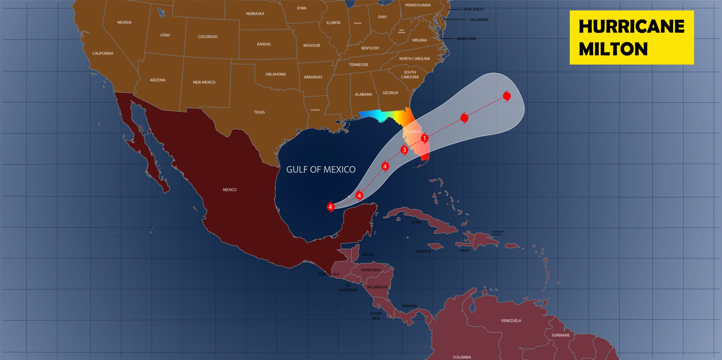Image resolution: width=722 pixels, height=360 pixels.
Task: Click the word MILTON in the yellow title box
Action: click(x=613, y=49)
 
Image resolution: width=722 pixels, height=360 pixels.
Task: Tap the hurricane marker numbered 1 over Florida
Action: click(x=424, y=138)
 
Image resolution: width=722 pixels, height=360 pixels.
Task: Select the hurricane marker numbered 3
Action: click(x=404, y=150)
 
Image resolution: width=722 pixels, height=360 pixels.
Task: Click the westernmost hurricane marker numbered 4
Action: click(x=330, y=207)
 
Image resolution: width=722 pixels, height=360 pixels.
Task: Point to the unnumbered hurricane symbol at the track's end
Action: click(x=507, y=96)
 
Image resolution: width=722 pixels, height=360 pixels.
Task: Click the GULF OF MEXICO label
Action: click(x=321, y=169)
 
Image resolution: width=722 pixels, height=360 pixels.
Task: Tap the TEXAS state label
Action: click(x=259, y=112)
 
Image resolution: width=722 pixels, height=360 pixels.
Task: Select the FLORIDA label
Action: click(x=413, y=132)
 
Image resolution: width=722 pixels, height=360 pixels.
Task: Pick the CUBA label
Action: click(x=416, y=222)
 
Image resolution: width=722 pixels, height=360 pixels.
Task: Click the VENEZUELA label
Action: click(x=511, y=321)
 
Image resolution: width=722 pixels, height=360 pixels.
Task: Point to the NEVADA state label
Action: click(x=124, y=22)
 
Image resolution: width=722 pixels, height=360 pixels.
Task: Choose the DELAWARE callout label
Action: click(x=479, y=20)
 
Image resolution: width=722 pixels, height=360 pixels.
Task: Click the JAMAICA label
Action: click(x=423, y=251)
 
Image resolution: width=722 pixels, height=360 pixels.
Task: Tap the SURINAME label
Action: click(x=560, y=335)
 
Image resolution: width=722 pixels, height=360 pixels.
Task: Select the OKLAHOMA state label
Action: click(x=276, y=74)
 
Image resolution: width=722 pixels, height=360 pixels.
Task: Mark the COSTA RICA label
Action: click(x=376, y=316)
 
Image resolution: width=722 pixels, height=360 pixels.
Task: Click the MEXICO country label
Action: click(x=230, y=190)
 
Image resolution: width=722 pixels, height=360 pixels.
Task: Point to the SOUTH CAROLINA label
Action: click(x=410, y=74)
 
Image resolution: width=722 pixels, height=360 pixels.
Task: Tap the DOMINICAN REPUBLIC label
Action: click(x=498, y=233)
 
